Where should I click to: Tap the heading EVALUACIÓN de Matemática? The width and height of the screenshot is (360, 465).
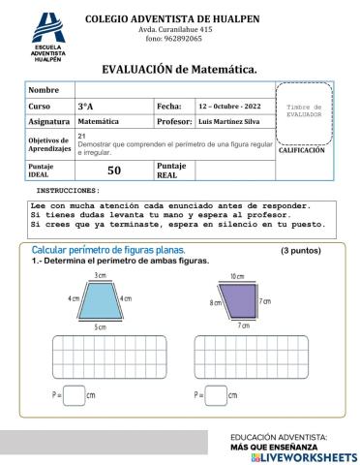click(x=179, y=70)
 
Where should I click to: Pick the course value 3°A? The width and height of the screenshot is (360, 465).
click(x=85, y=105)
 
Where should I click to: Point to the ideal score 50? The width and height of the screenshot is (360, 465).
click(x=113, y=170)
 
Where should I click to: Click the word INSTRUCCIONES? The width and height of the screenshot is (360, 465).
click(x=68, y=191)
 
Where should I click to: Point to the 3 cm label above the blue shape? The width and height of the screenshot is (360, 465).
click(x=100, y=276)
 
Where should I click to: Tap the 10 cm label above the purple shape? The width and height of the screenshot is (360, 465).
click(x=237, y=277)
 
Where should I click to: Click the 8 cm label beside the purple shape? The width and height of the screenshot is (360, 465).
click(x=215, y=303)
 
